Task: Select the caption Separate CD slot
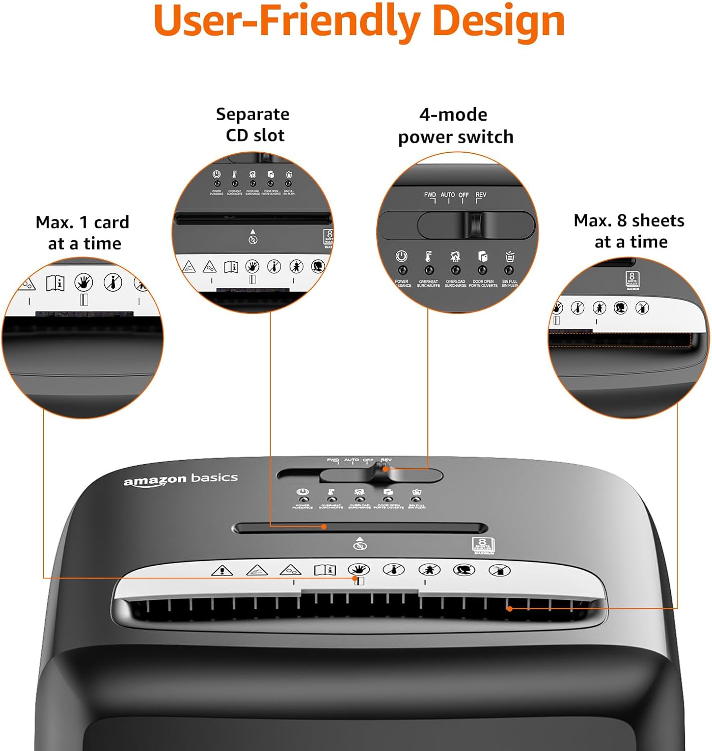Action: coord(253,125)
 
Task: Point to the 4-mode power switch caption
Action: coord(455,126)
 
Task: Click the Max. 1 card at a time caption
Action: coord(83,233)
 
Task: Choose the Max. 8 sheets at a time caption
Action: coord(629,231)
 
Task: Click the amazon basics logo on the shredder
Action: coord(180,479)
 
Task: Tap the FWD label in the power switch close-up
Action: coord(430,195)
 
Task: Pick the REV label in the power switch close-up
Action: coord(481,195)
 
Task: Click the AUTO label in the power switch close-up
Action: coord(448,195)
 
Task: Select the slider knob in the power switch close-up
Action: coord(473,225)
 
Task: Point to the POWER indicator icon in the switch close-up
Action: coord(401,256)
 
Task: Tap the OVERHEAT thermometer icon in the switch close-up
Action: coord(428,256)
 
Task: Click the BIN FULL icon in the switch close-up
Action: coord(510,256)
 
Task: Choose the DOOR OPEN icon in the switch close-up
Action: coord(483,256)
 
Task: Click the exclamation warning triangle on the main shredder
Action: coord(222,570)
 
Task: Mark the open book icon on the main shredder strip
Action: coord(325,570)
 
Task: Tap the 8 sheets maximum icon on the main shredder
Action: coord(483,545)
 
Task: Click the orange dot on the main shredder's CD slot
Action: coord(324,527)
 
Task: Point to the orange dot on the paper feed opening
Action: coord(510,609)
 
